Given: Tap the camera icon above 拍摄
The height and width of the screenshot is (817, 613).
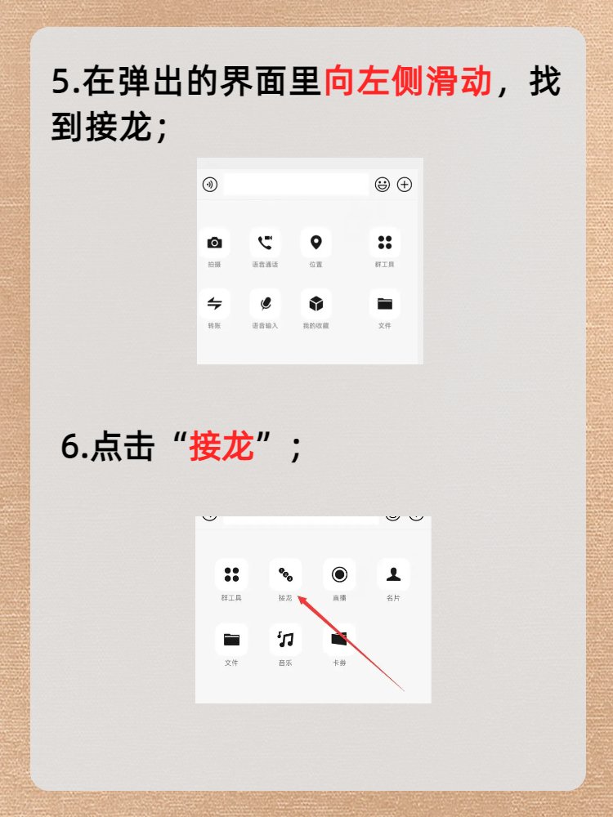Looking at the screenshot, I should coord(214,243).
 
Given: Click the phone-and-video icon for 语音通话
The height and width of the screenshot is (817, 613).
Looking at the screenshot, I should coord(265,243).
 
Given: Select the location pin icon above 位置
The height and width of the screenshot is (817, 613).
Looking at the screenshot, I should coord(315,243).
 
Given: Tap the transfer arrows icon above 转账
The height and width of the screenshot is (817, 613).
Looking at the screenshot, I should coord(214,304).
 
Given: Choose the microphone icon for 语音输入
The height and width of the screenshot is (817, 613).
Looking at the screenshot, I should coord(265,304).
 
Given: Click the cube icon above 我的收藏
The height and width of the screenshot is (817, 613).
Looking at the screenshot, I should coord(315,304).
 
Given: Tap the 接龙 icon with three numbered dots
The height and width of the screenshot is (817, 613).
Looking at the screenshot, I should coord(285,574).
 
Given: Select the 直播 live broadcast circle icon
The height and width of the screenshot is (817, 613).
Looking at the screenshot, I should coord(339,574).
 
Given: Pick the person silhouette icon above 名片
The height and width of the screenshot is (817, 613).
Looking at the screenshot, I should coord(393,574).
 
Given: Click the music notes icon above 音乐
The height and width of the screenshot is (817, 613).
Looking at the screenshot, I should coord(285,639).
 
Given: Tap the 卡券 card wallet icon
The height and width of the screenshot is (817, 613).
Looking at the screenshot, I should coord(339,639).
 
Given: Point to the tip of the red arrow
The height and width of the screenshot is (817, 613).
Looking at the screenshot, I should coord(298,597).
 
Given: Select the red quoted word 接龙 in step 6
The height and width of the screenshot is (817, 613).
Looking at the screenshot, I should coord(221,447).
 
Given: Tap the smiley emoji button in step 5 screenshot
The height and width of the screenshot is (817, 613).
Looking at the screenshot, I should coord(383,185).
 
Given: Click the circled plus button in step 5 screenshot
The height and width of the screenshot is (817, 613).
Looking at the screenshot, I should coord(405,185).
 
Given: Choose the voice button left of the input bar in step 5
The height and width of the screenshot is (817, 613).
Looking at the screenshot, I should coord(210,185).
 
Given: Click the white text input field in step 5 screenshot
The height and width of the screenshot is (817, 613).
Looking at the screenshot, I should coord(296,185).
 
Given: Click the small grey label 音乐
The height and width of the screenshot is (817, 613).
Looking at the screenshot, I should coord(285,663).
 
